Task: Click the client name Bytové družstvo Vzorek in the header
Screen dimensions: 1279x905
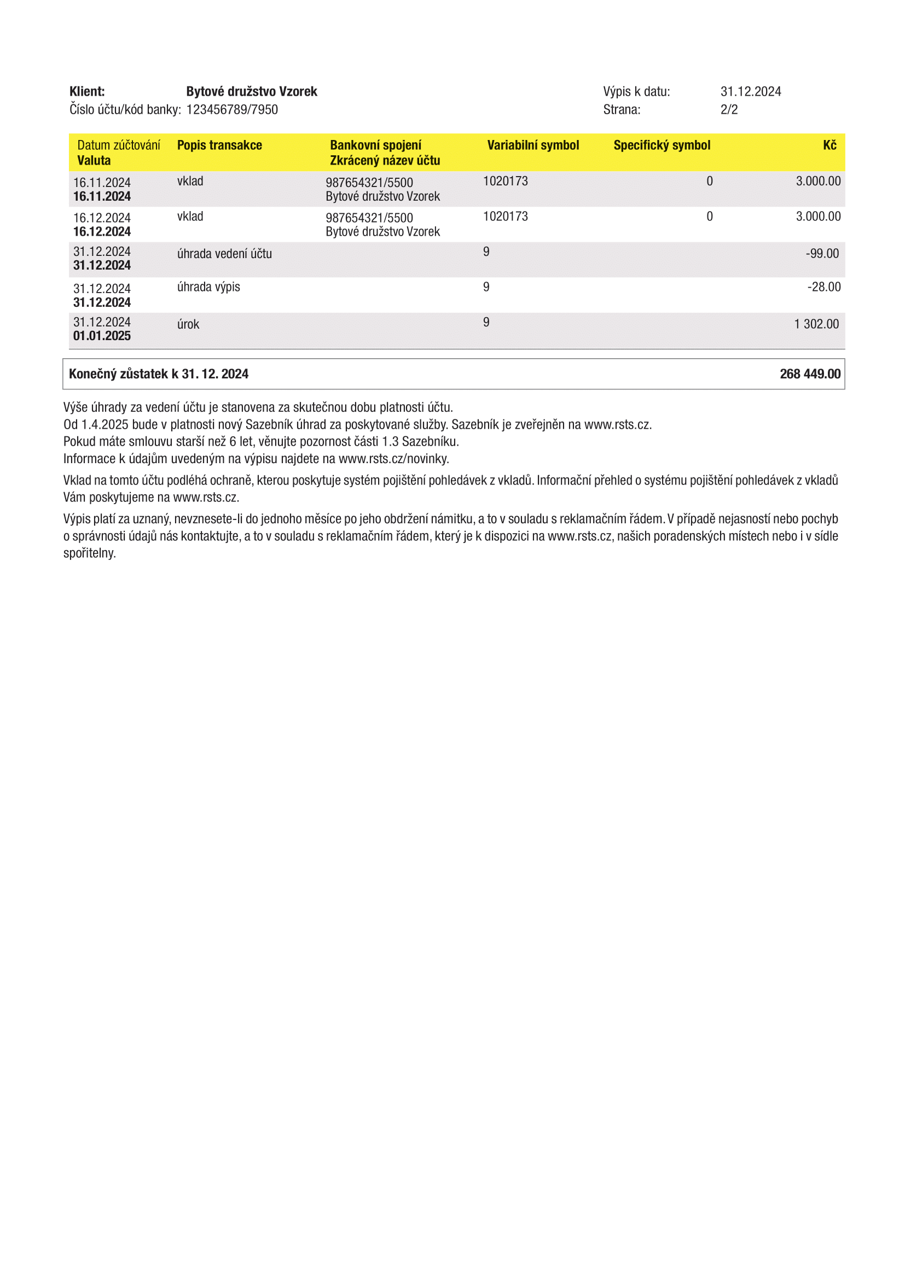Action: [x=251, y=91]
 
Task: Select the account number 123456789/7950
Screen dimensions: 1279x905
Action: [x=232, y=110]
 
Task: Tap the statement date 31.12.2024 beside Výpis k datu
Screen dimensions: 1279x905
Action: [x=751, y=91]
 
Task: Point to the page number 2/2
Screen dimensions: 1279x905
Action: [x=729, y=110]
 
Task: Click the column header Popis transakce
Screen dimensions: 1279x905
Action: [x=219, y=145]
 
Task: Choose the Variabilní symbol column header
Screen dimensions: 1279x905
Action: [x=533, y=145]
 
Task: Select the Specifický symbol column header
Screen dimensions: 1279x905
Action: [x=662, y=145]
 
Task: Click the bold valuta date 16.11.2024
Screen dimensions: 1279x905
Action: [x=102, y=197]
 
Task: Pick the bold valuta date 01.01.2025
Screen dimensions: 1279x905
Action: [x=102, y=336]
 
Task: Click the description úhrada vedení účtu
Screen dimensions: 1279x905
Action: [x=224, y=254]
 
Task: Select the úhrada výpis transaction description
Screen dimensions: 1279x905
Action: [x=208, y=287]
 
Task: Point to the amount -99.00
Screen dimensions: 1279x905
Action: [x=822, y=254]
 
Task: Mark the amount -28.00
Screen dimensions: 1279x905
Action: [x=823, y=287]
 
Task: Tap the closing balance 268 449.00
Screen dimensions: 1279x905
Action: [x=810, y=374]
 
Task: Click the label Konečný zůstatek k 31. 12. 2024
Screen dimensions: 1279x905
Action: [x=159, y=374]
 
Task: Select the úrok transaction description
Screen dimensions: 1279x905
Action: [x=188, y=324]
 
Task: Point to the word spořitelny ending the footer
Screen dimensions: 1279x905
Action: [x=89, y=553]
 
